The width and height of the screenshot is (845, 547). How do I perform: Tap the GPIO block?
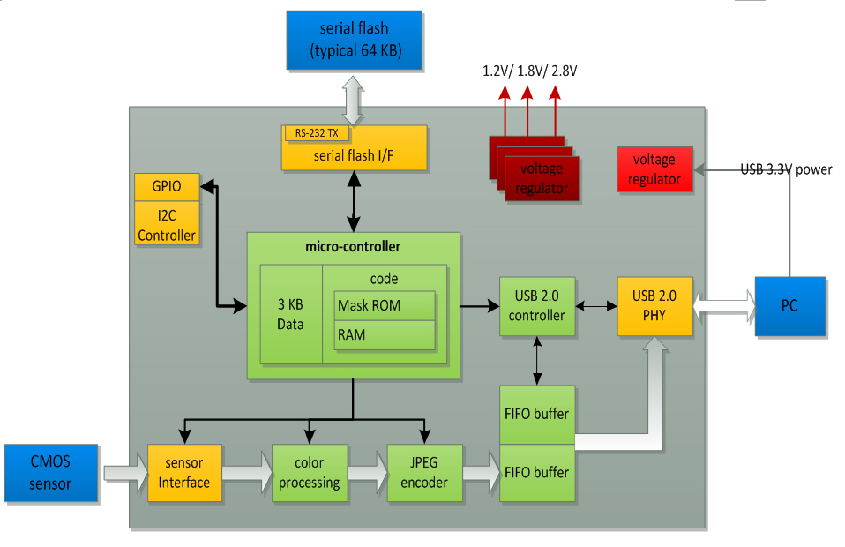tap(166, 187)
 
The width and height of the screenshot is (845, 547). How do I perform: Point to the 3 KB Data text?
tap(290, 315)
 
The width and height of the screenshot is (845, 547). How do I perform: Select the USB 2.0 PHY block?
tap(654, 306)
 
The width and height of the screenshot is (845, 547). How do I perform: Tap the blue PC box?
tap(789, 306)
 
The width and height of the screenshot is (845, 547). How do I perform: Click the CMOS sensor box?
tap(50, 472)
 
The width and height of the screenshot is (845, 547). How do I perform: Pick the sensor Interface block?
tap(184, 473)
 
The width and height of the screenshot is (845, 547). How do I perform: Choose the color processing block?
tap(309, 473)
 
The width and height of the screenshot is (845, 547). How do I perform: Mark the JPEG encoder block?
tap(425, 473)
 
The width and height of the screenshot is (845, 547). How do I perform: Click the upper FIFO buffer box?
tap(537, 415)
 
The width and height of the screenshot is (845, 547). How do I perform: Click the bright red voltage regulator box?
tap(654, 169)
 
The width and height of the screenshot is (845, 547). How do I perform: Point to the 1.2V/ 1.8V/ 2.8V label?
tap(529, 71)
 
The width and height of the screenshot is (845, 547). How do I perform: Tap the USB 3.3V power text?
tap(786, 169)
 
